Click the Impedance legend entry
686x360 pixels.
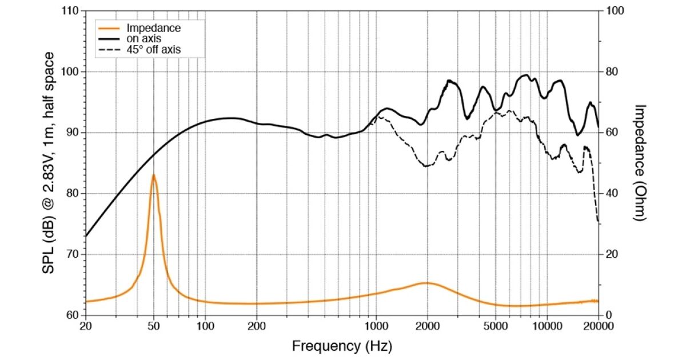tap(153, 28)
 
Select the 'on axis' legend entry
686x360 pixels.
tap(144, 39)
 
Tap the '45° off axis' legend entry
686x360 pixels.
tap(153, 50)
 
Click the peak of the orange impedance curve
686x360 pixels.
tap(153, 175)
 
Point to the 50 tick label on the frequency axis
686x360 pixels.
tap(153, 326)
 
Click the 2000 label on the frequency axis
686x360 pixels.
tap(427, 326)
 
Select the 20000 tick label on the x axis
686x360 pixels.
tap(598, 326)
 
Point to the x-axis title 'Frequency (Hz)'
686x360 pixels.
tap(342, 346)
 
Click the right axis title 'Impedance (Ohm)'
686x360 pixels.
tap(640, 163)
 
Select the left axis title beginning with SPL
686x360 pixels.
tap(50, 163)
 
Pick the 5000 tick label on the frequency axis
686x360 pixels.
tap(496, 326)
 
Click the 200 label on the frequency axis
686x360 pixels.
tap(256, 326)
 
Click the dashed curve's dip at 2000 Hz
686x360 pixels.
tap(427, 166)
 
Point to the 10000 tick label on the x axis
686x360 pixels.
tap(547, 326)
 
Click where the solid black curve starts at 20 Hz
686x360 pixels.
tap(86, 236)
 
